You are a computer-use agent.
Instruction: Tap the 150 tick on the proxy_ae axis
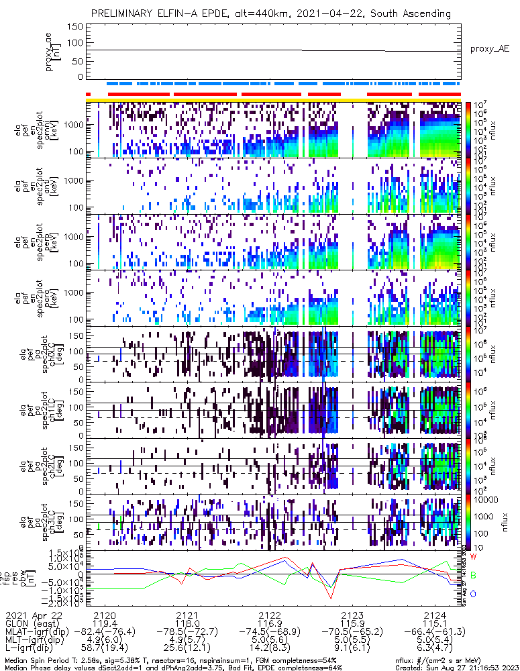click(76, 26)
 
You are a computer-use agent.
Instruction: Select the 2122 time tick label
click(270, 615)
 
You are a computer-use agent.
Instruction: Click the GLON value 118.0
click(187, 623)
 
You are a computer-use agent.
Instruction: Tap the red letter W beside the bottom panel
click(473, 557)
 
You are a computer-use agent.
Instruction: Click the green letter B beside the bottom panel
click(473, 576)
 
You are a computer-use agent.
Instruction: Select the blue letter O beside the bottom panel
click(473, 594)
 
